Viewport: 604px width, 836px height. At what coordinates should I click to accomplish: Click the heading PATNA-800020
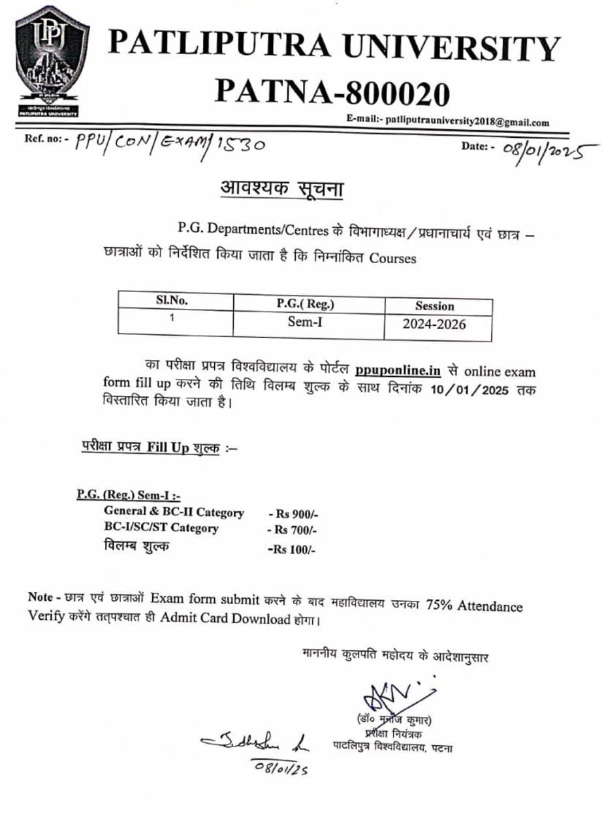tap(334, 94)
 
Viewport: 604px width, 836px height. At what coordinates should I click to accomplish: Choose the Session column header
tap(434, 306)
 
